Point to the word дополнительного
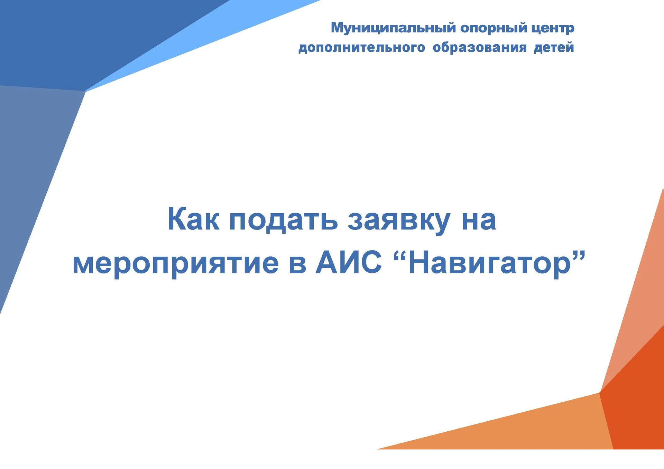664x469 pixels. [362, 48]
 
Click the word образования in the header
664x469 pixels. [480, 47]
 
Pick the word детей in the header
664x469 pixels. [554, 47]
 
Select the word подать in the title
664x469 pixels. [283, 220]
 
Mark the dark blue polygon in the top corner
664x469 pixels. [86, 41]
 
